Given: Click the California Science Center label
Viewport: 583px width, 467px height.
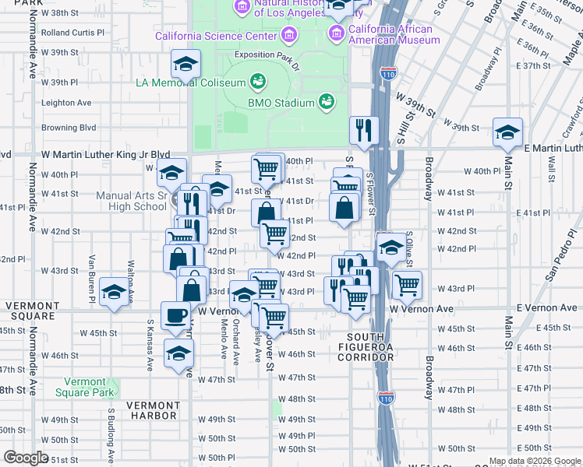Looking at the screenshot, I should tap(216, 35).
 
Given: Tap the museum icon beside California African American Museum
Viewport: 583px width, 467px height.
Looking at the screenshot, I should tap(337, 32).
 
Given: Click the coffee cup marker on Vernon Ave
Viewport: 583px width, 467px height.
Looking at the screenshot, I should tap(175, 315).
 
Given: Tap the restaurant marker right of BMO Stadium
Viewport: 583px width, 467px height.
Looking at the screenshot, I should tap(363, 130).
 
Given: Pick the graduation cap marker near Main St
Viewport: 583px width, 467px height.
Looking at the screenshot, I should tap(507, 131).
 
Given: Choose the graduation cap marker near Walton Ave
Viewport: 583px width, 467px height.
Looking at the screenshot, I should tap(115, 292).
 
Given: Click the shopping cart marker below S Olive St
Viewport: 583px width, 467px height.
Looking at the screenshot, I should tap(407, 285).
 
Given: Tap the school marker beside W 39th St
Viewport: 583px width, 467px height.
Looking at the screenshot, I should tap(186, 63).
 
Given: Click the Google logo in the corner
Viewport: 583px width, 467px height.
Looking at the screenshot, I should tap(26, 458).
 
